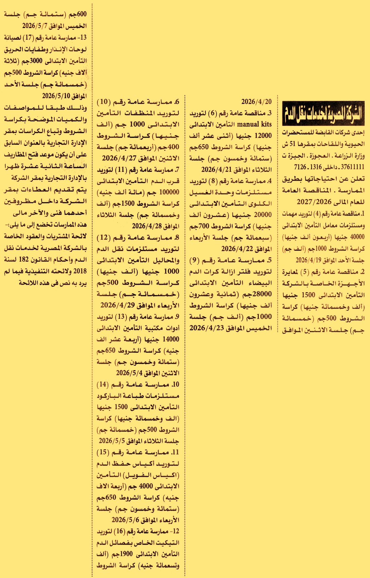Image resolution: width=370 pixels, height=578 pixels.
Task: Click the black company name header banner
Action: pyautogui.click(x=323, y=113)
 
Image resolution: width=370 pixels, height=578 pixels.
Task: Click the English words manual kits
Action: pyautogui.click(x=255, y=124)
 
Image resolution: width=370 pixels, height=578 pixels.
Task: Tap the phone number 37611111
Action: pyautogui.click(x=353, y=167)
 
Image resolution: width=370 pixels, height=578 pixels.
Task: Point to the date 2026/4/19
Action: pyautogui.click(x=306, y=260)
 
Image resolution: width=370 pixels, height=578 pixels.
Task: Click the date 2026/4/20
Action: pyautogui.click(x=256, y=102)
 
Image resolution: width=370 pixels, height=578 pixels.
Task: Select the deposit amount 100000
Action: pyautogui.click(x=169, y=192)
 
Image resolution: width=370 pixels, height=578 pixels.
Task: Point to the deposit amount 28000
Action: pyautogui.click(x=262, y=294)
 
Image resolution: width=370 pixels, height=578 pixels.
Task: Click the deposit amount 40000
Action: pyautogui.click(x=357, y=237)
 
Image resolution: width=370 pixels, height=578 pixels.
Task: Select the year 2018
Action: pyautogui.click(x=80, y=271)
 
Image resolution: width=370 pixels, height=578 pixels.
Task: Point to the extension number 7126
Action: pyautogui.click(x=300, y=167)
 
